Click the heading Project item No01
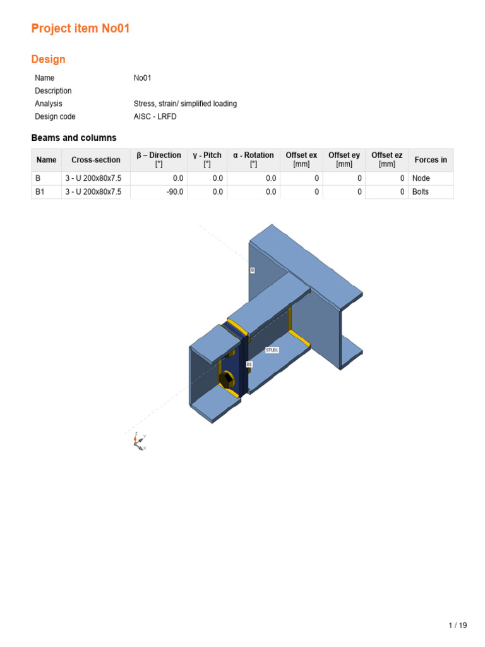click(80, 28)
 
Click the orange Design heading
click(48, 59)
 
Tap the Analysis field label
click(49, 104)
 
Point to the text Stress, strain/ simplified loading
click(185, 104)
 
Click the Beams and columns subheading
click(74, 138)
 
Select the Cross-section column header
click(95, 160)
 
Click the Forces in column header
click(431, 160)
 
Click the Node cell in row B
click(421, 178)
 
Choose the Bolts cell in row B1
click(421, 191)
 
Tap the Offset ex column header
click(301, 159)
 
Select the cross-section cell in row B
click(93, 178)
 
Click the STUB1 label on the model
click(272, 349)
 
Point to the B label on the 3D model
click(252, 270)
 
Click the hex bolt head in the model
click(225, 379)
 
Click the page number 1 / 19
click(457, 626)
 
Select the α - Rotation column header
click(253, 159)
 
